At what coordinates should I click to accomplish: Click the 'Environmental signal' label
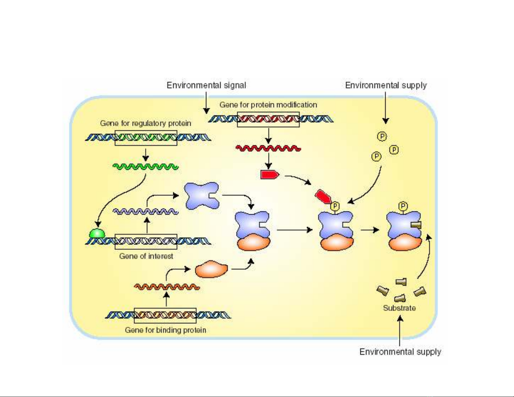click(206, 85)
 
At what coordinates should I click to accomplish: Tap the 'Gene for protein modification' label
click(268, 105)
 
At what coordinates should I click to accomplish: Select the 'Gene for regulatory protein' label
click(146, 123)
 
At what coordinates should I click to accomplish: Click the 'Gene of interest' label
click(146, 256)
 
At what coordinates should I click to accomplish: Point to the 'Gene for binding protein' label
click(165, 330)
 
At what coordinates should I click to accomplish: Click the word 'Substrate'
click(399, 308)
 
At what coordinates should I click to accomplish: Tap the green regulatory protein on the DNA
click(97, 233)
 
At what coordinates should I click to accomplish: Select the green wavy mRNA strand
click(146, 167)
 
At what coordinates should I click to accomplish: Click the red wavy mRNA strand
click(268, 148)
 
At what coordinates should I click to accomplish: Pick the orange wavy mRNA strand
click(167, 287)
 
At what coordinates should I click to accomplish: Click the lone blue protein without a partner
click(201, 195)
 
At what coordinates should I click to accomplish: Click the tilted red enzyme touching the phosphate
click(323, 197)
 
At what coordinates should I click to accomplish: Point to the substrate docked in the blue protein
click(416, 225)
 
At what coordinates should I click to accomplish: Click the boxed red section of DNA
click(268, 119)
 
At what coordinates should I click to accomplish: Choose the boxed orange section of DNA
click(165, 315)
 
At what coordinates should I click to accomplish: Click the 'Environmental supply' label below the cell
click(400, 352)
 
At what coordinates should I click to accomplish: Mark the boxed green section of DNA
click(146, 138)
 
